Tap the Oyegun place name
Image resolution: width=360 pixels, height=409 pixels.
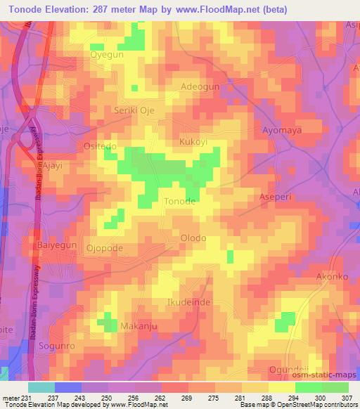[x=106, y=53]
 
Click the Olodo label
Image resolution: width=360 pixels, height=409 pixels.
[x=193, y=238]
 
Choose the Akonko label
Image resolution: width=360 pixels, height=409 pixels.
[x=332, y=277]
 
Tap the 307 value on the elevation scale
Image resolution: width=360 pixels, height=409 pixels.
[x=349, y=397]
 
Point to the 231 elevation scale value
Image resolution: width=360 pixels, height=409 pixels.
[x=26, y=397]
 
